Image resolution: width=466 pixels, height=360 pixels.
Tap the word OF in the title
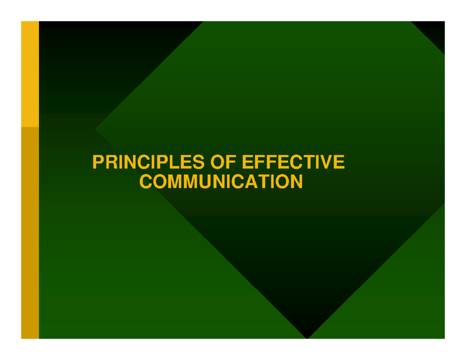(x=223, y=162)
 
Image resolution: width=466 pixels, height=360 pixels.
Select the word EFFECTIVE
(x=293, y=162)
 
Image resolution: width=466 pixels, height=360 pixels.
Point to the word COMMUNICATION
(x=221, y=181)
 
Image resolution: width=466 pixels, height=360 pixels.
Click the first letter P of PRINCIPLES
(x=97, y=162)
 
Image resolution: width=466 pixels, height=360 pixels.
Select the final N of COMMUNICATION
(x=296, y=181)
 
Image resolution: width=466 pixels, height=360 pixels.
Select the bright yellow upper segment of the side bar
(x=30, y=74)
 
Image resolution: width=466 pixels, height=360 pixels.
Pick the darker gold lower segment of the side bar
(x=30, y=233)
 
